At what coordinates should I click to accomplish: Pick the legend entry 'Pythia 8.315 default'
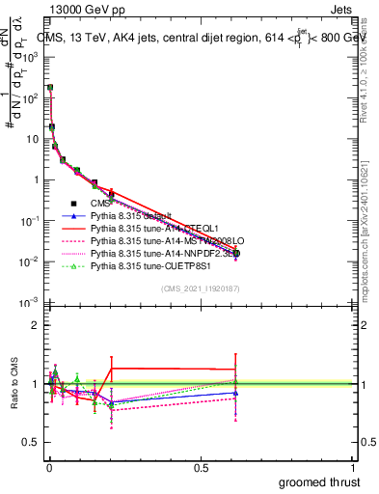[x=130, y=216]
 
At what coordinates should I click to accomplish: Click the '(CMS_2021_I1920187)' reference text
[x=200, y=289]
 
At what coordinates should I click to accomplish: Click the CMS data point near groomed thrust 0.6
[x=234, y=254]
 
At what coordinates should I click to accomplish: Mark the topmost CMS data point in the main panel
[x=50, y=88]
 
